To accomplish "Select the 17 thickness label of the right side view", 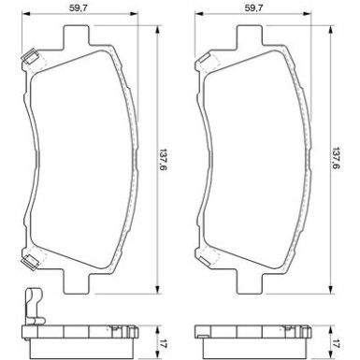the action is point(337,345).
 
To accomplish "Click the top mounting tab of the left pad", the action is point(77,36).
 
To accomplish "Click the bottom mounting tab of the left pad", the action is point(77,281).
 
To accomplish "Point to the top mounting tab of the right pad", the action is point(250,36).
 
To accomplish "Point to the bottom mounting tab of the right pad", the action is point(250,281).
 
